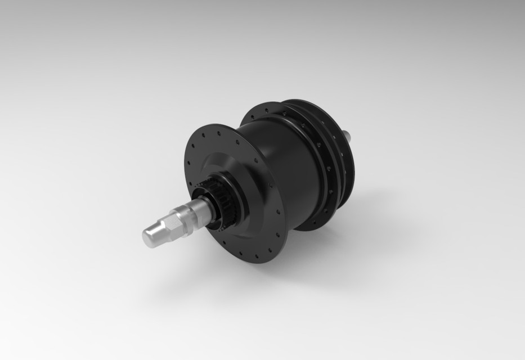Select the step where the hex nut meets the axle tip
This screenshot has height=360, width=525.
(163, 228)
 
